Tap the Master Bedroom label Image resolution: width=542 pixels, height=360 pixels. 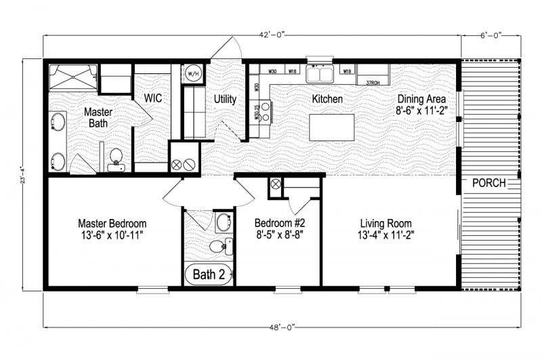[112, 223]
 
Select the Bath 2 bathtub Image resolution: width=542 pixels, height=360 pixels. [210, 275]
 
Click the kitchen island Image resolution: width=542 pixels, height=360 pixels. [331, 127]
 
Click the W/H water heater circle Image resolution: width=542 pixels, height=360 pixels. [192, 73]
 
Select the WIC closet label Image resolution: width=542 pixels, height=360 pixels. [152, 98]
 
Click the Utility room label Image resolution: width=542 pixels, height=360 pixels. [225, 99]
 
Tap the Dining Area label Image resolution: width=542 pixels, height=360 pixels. [421, 99]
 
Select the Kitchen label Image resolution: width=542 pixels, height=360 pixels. [327, 99]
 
